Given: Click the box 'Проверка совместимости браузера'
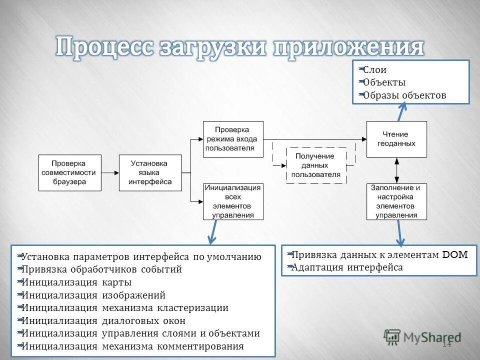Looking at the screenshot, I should [x=70, y=172].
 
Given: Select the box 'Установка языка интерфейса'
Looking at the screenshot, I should [x=150, y=172].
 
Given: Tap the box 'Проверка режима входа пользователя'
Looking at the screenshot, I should [x=233, y=139].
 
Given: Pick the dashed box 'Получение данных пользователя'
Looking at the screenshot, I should [x=316, y=165].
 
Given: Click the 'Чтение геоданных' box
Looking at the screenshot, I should [x=396, y=139].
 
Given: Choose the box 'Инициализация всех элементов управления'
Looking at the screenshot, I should [x=233, y=201].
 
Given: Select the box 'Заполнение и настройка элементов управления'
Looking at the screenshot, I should [x=396, y=201].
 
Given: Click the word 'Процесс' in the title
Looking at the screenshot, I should [x=104, y=47].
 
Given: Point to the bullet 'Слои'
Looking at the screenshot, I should [x=374, y=70].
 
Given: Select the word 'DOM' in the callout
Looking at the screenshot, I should [x=455, y=254].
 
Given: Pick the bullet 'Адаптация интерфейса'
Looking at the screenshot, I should [x=346, y=267].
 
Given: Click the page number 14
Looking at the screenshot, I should [x=446, y=344].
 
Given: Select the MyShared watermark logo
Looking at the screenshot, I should [x=422, y=337].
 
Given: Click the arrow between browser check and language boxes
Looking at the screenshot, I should [x=110, y=172].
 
